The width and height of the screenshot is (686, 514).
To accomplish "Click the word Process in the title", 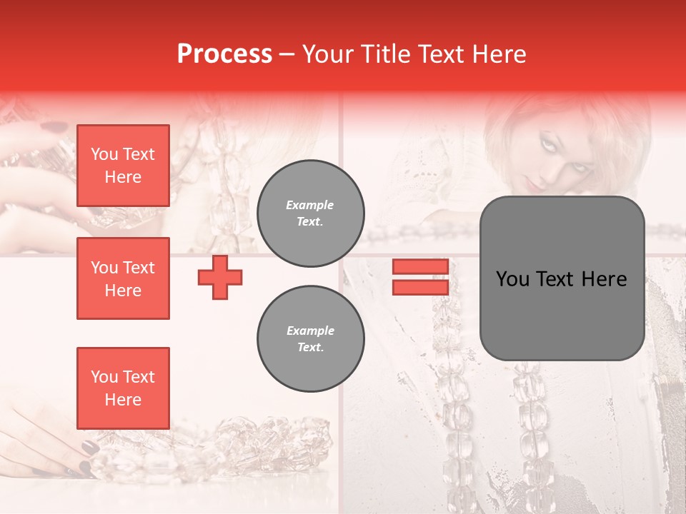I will [x=224, y=54].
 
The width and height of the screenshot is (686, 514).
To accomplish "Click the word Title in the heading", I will [x=384, y=54].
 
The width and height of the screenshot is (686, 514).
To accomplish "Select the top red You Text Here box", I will [x=123, y=166].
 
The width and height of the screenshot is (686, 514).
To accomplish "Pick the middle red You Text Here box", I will [x=123, y=278].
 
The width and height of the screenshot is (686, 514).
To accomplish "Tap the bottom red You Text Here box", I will [x=123, y=388].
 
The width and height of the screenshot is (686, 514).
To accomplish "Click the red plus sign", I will [x=220, y=277].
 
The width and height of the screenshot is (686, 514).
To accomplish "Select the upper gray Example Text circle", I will [x=311, y=213].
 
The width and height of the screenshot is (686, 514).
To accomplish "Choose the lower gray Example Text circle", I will [x=311, y=339].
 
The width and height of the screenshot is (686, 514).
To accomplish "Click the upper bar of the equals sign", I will [x=420, y=267].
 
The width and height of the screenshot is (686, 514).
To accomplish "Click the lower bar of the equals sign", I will [x=420, y=287].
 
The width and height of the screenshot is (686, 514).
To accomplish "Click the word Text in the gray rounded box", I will [x=562, y=279].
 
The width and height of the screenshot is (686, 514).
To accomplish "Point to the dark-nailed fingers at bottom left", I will [x=79, y=457].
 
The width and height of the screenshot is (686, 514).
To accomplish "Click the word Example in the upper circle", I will [x=310, y=205].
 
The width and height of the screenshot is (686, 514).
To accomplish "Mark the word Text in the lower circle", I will [x=310, y=348].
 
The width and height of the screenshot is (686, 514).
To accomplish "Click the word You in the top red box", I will [x=104, y=154].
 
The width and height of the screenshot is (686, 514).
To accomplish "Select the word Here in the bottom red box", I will [x=123, y=400].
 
